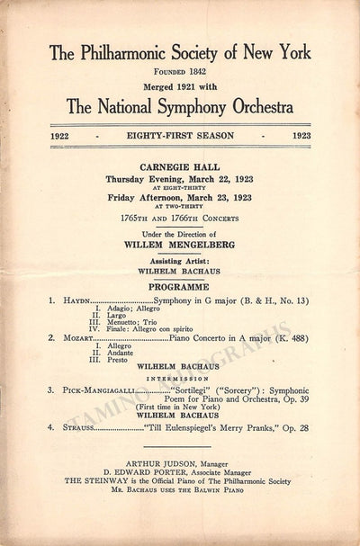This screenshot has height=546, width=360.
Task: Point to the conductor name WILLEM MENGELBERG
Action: tap(178, 240)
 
